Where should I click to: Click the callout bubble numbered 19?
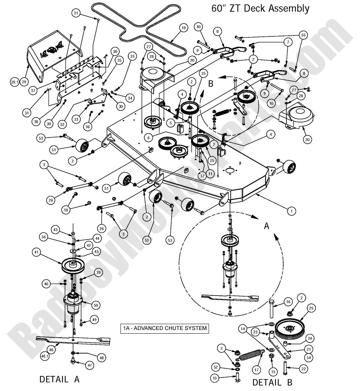tap(183, 28)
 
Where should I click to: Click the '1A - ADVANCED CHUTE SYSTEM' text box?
tap(165, 328)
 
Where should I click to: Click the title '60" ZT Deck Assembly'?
tap(260, 8)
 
